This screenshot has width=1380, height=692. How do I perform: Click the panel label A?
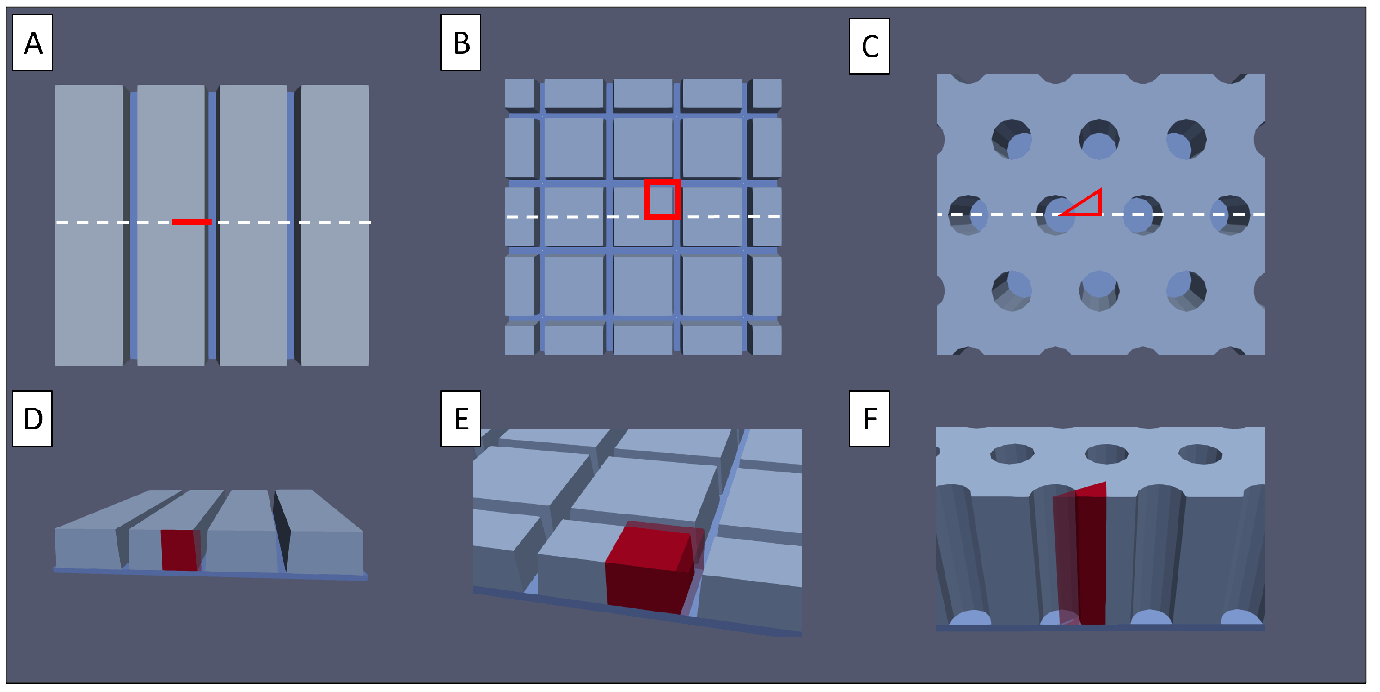33,43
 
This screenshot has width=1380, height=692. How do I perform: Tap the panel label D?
33,419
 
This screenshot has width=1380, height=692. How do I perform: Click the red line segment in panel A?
191,222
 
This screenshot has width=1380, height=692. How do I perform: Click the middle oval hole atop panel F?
1107,454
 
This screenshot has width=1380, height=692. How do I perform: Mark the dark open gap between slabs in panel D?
282,527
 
